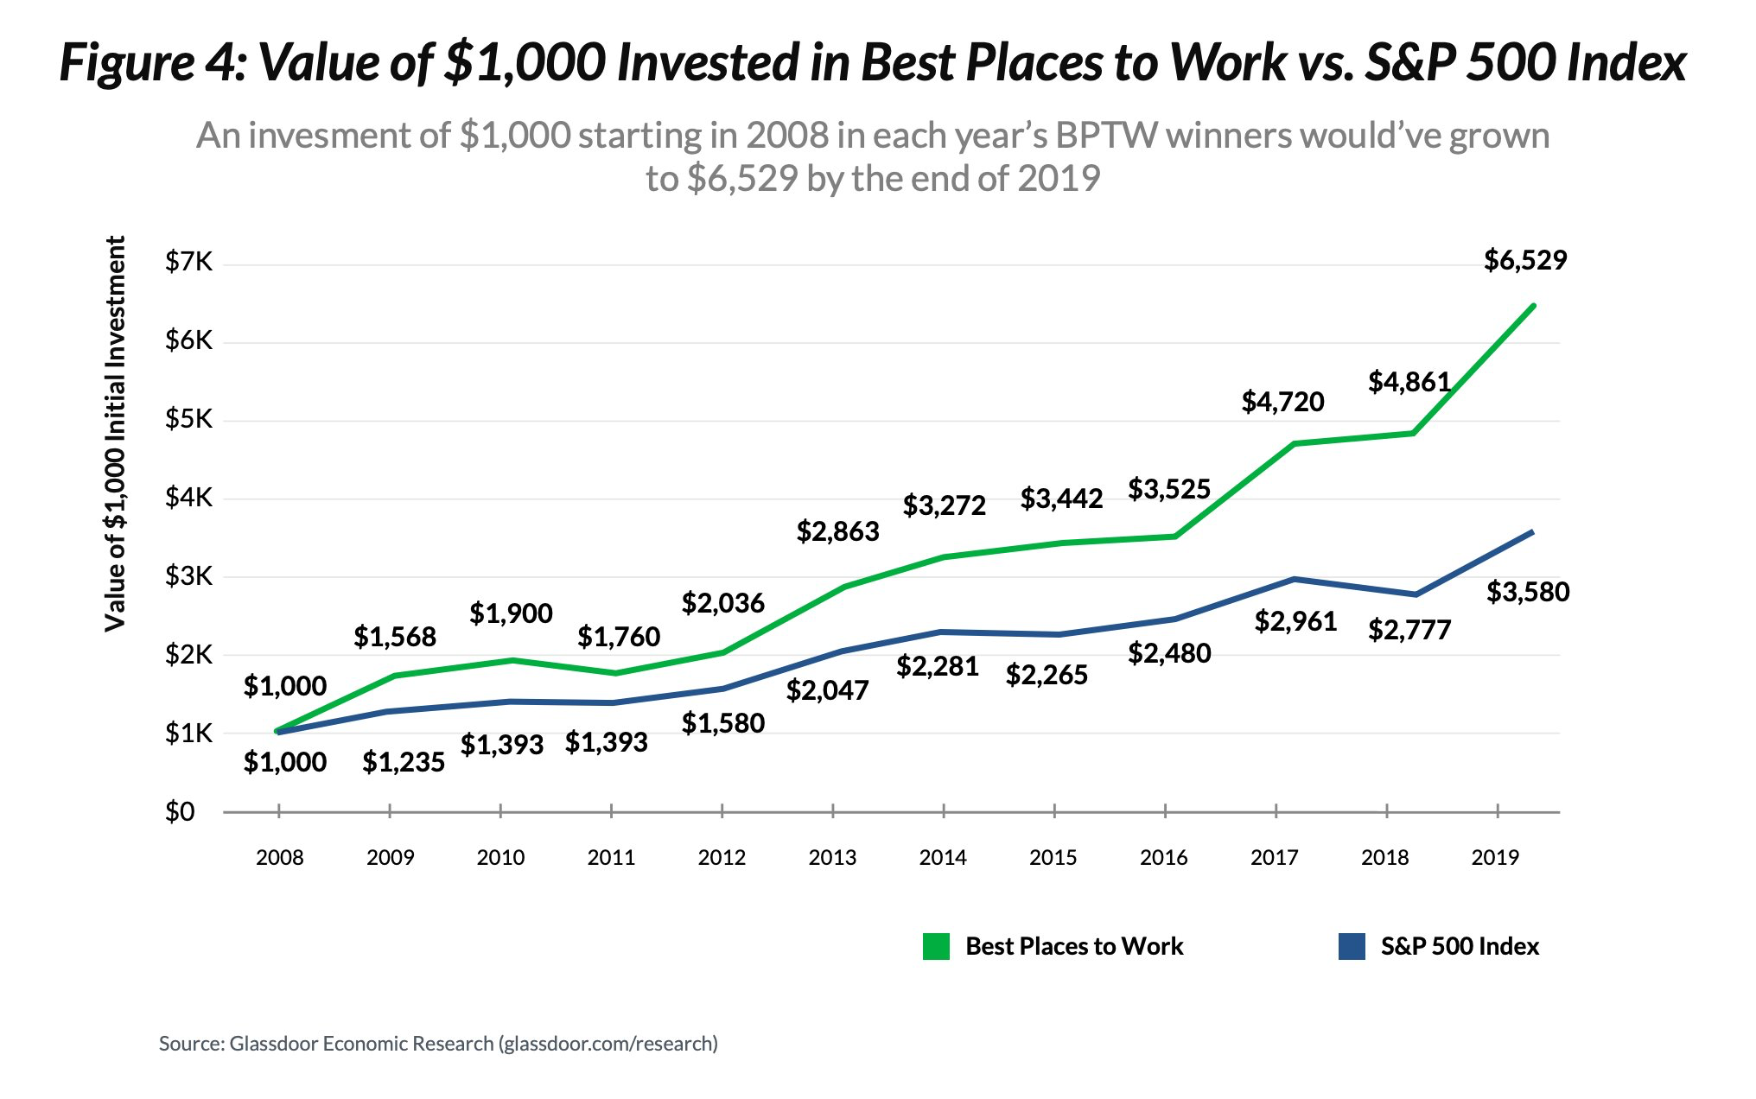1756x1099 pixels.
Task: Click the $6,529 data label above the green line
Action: coord(1525,260)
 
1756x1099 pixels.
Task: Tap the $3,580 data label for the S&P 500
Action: coord(1528,592)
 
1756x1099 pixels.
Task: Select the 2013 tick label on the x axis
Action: coord(832,858)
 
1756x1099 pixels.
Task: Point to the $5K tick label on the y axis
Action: coord(188,419)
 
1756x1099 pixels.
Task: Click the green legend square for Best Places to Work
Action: coord(936,946)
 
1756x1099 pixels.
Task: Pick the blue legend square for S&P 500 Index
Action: coord(1352,946)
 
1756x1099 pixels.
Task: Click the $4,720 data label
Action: coord(1282,402)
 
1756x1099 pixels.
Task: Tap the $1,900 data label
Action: coord(511,613)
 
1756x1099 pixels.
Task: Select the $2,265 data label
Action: coord(1047,675)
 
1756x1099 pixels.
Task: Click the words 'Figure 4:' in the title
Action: coord(152,63)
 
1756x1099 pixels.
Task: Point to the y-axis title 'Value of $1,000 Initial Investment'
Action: coord(115,434)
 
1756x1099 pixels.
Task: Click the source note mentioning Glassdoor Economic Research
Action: coord(438,1044)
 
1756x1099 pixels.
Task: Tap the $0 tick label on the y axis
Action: coord(180,812)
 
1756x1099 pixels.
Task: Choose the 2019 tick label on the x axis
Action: coord(1495,858)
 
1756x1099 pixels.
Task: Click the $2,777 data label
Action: coord(1409,630)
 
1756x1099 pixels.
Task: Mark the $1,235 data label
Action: coord(404,762)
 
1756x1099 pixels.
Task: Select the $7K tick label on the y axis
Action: coord(188,262)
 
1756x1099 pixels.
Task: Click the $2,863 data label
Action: coord(837,531)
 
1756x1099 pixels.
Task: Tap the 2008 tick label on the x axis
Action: coord(280,858)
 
